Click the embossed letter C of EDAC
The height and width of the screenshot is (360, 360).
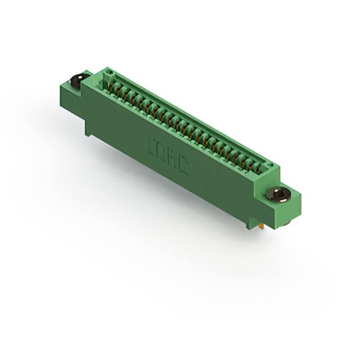pyautogui.click(x=183, y=165)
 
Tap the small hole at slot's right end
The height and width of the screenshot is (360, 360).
pyautogui.click(x=271, y=167)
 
